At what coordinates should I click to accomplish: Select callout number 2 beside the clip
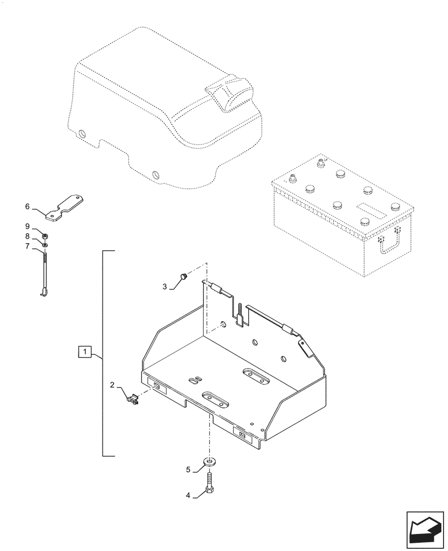tap(112, 386)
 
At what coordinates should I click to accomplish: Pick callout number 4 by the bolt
tap(188, 495)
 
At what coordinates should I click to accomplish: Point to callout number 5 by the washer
tap(188, 469)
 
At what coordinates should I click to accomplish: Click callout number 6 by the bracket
tap(27, 207)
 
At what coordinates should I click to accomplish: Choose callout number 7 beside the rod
tap(27, 246)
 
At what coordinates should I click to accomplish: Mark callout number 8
tap(27, 236)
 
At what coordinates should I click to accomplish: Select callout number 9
tap(27, 226)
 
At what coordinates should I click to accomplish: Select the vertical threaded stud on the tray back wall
tap(241, 314)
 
